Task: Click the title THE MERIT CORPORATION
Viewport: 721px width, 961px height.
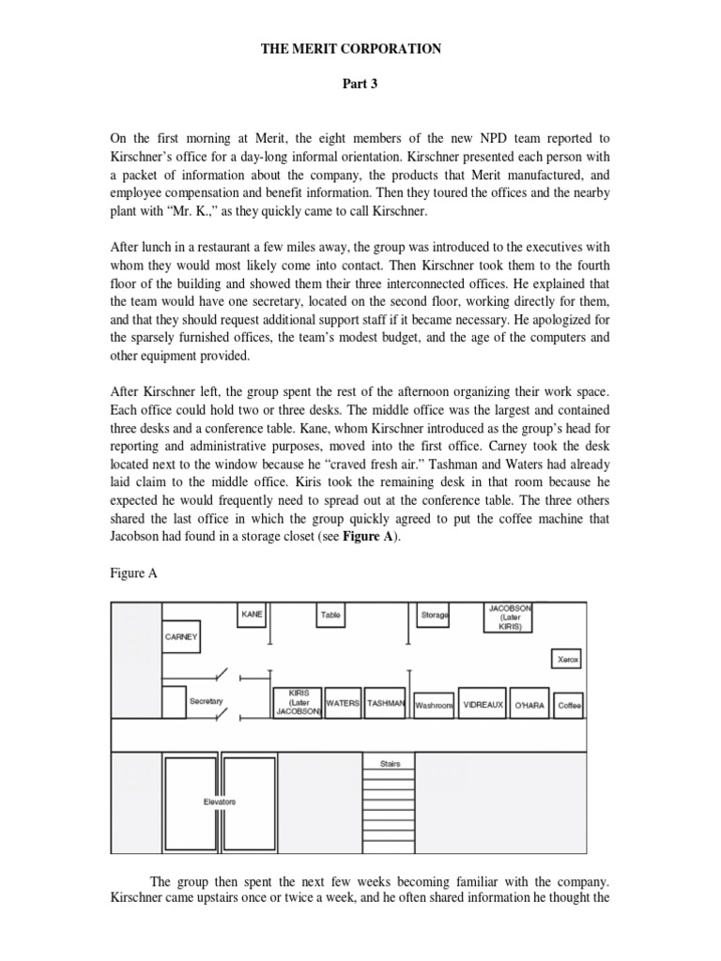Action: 350,49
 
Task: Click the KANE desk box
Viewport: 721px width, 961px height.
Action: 252,615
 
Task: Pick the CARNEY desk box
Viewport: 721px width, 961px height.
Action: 181,637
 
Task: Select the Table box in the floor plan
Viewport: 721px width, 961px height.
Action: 330,616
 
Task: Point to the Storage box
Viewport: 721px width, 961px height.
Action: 435,616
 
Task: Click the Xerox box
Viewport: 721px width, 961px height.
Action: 566,659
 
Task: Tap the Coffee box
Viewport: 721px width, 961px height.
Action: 569,705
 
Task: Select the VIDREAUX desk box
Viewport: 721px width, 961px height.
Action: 483,705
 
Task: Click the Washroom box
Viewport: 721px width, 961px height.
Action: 434,705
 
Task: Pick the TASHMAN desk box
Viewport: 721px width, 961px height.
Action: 385,703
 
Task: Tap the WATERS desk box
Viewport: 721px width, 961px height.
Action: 343,703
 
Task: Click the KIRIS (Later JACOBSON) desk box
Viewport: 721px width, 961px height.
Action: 298,701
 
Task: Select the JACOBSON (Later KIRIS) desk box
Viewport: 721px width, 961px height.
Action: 510,618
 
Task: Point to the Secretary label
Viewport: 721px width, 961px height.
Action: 206,701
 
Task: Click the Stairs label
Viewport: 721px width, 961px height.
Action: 390,764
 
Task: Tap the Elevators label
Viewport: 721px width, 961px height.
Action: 220,802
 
